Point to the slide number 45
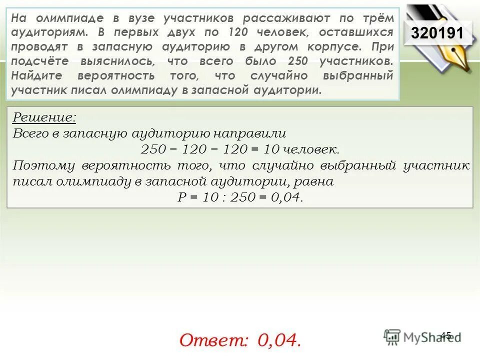click(x=446, y=335)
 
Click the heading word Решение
click(x=44, y=118)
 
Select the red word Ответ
click(x=214, y=340)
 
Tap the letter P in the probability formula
click(x=182, y=197)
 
